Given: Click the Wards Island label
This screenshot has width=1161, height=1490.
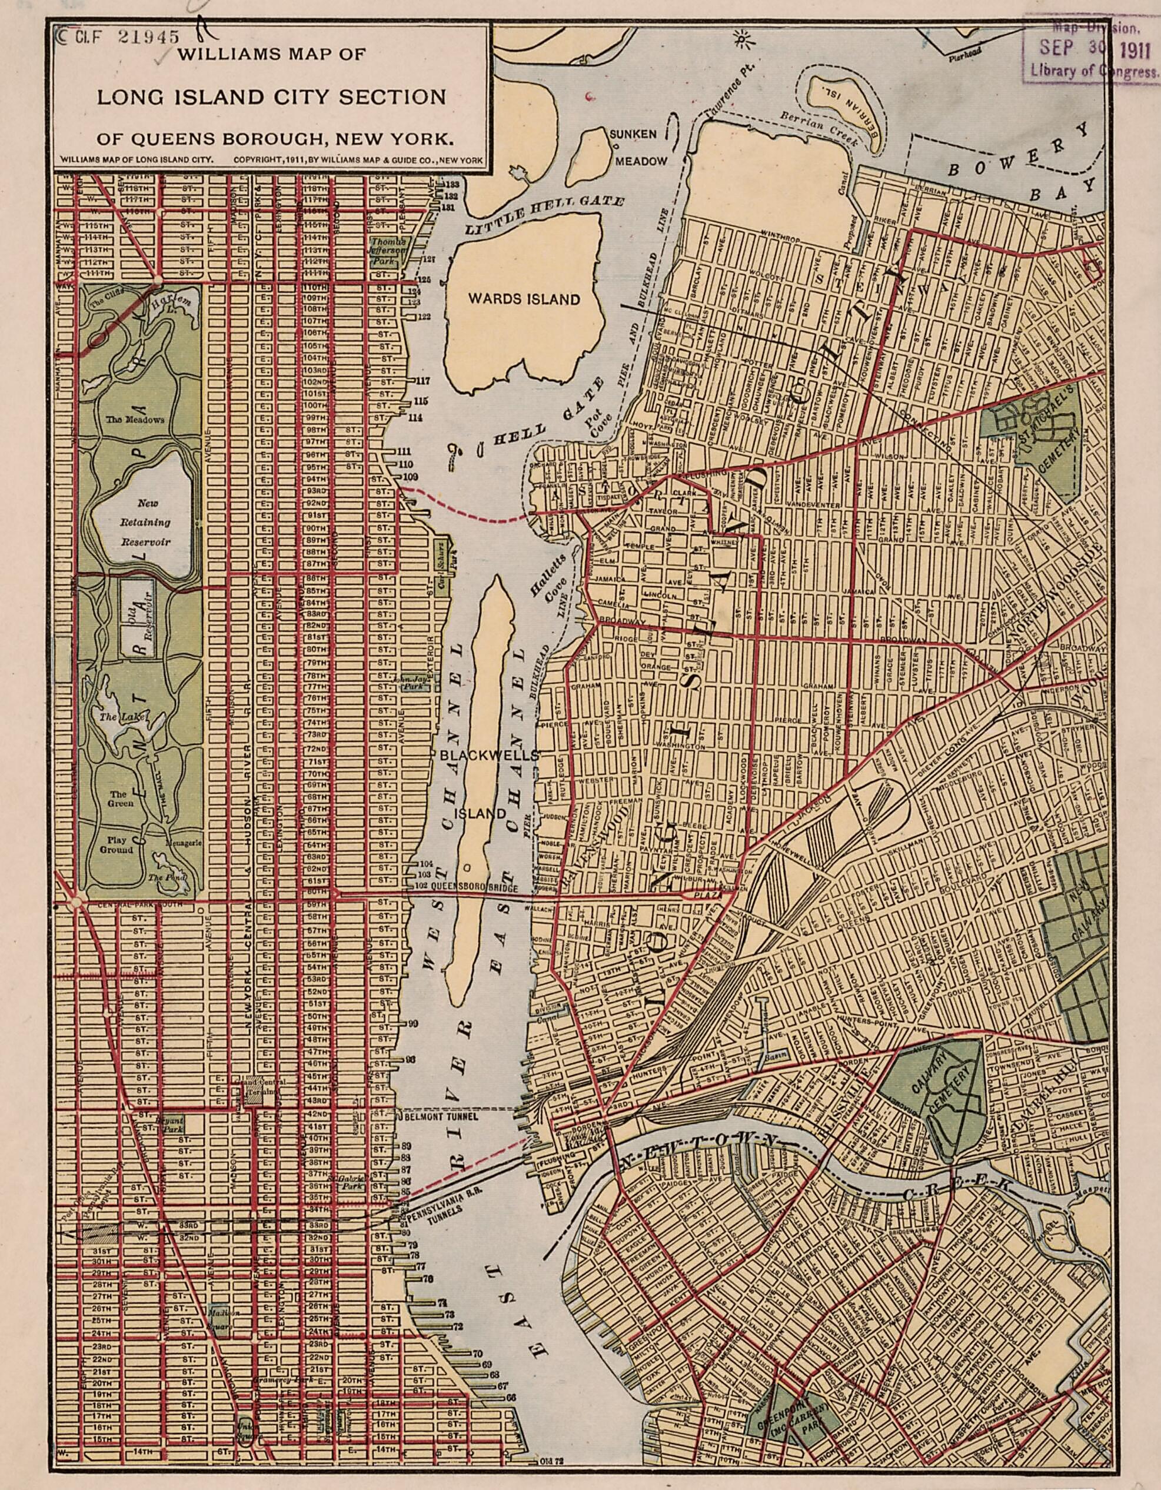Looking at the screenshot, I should click(523, 299).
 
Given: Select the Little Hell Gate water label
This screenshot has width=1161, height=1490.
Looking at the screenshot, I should click(544, 214).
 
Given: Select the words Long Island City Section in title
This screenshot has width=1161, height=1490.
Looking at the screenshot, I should click(271, 96).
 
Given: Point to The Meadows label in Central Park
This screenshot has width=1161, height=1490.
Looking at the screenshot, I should click(134, 420).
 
